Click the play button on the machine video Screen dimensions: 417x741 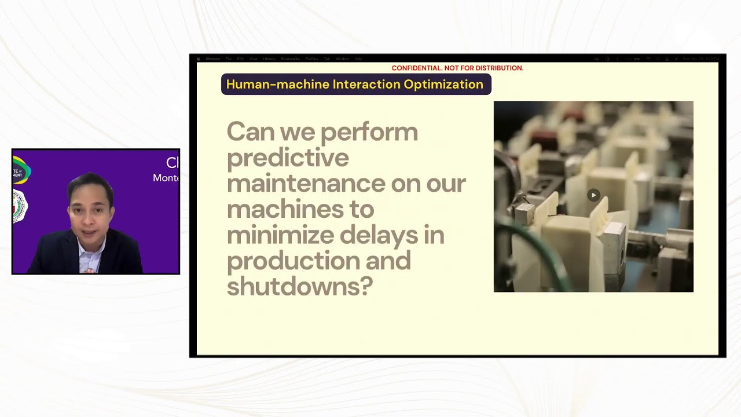pos(593,195)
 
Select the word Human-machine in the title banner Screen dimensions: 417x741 pos(277,85)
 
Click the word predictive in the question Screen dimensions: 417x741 pos(288,158)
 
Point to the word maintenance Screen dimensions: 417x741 pos(306,184)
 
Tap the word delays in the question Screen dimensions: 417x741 pos(392,235)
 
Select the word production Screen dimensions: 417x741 pos(292,261)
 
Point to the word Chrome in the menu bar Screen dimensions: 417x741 pos(213,59)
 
